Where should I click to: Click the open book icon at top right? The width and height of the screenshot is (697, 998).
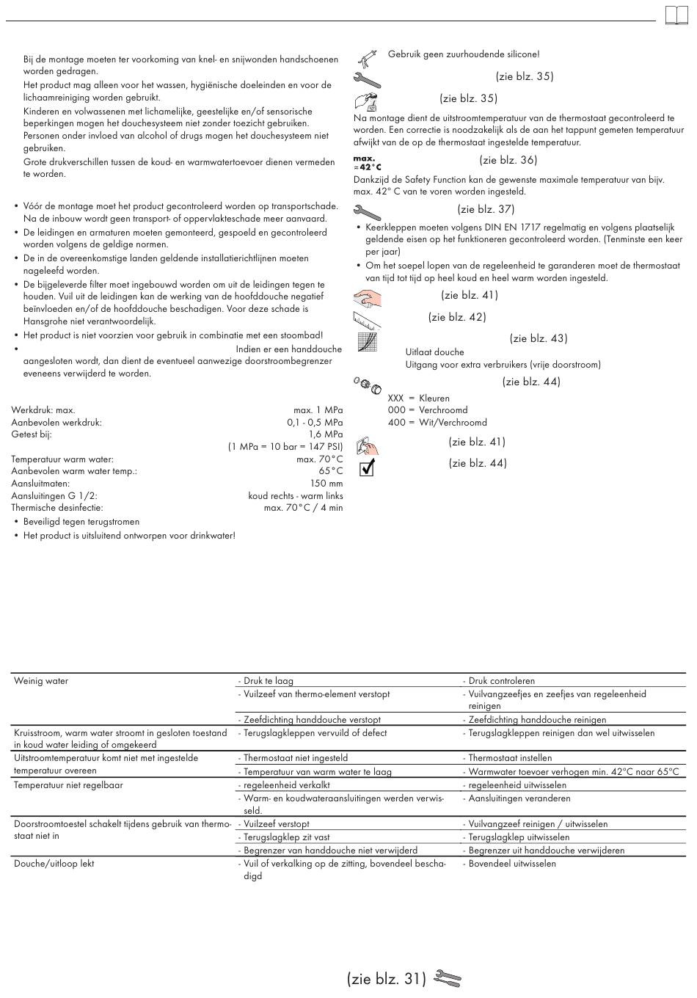(x=676, y=16)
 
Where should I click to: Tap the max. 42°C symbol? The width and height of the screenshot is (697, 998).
(x=367, y=162)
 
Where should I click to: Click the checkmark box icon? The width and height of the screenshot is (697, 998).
(x=367, y=468)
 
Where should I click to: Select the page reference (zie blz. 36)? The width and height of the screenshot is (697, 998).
(x=508, y=160)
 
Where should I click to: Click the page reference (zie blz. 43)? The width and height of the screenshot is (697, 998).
(x=539, y=338)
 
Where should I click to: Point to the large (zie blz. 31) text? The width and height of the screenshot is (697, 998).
(x=387, y=979)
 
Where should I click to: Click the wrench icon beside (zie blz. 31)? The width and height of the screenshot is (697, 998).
(x=447, y=978)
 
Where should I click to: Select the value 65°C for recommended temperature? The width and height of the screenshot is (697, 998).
(x=330, y=471)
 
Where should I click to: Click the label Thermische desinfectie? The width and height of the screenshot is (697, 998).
(x=57, y=508)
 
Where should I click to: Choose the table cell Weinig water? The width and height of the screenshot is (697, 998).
(x=41, y=681)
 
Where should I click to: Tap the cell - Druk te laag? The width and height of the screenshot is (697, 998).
(x=266, y=681)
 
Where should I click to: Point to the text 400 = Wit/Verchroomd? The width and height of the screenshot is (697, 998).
(x=437, y=423)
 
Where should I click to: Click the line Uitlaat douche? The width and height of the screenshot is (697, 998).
(x=434, y=352)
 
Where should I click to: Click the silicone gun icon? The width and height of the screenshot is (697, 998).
(x=367, y=57)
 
